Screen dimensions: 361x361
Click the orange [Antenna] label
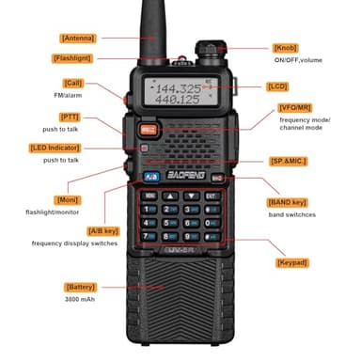click(77, 38)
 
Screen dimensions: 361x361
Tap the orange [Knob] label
click(285, 48)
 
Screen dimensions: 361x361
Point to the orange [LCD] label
click(277, 86)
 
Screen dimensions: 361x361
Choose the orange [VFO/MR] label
click(294, 108)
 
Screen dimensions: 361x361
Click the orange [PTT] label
click(70, 117)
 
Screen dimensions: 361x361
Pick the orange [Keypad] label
click(291, 263)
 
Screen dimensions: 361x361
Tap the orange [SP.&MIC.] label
click(290, 161)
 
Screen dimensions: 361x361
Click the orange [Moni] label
click(67, 200)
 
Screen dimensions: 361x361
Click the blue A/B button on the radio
click(149, 177)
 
